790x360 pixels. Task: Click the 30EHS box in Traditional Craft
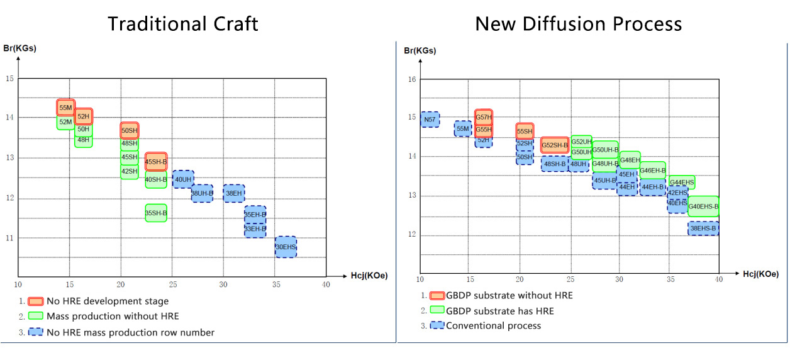286,247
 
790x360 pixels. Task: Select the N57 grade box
430,120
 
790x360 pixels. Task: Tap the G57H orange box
484,117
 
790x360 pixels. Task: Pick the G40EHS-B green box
703,206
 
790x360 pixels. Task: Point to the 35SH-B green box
156,213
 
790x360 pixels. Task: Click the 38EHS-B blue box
703,228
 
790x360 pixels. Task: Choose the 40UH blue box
183,179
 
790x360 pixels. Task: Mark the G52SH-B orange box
555,145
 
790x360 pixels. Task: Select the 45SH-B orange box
156,162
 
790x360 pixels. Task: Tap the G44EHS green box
682,183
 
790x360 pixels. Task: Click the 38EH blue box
234,193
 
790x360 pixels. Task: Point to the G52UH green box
581,142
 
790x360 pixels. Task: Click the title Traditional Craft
183,24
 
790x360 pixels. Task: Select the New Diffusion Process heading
578,24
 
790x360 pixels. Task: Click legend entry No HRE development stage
108,301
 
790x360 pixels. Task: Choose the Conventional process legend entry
493,325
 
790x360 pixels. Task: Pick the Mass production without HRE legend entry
113,316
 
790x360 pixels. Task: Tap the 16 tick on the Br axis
412,79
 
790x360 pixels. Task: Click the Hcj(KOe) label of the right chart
760,274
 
